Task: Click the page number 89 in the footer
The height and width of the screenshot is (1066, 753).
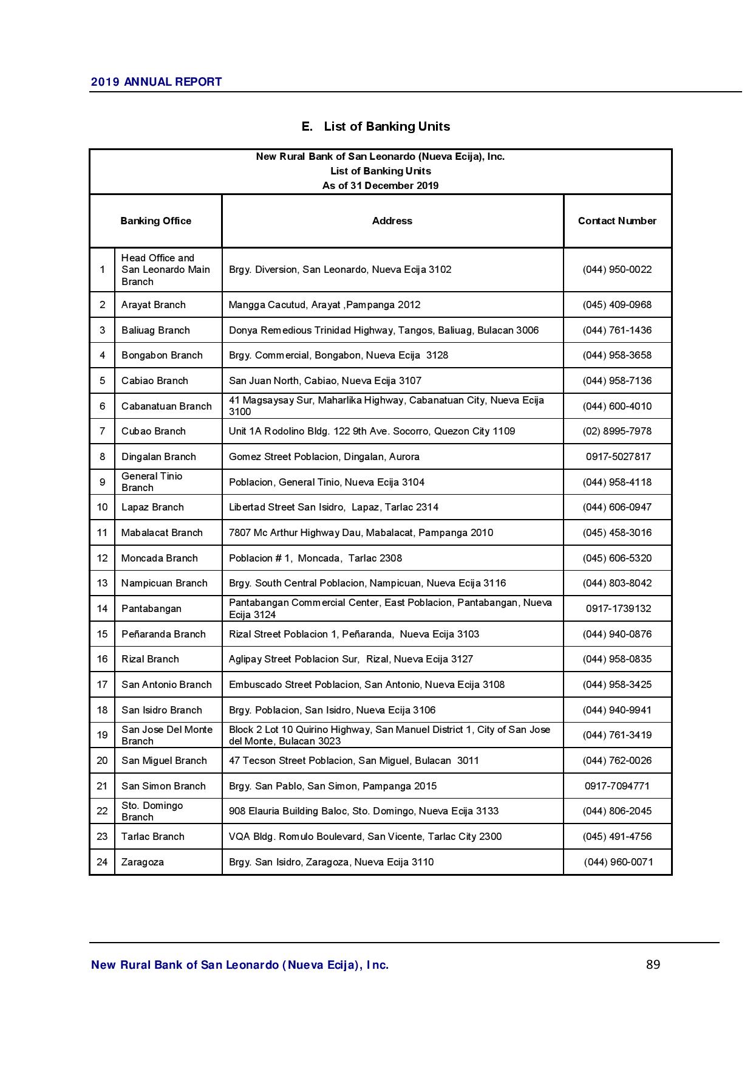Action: coord(653,965)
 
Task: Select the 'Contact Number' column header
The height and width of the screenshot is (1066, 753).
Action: coord(617,221)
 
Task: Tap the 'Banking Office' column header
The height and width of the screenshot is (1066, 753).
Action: coord(155,221)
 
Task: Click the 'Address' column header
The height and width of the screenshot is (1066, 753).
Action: coord(392,221)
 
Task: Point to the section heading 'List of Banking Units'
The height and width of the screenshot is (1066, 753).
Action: coord(376,126)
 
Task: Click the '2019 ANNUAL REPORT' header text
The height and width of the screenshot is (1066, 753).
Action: coord(156,82)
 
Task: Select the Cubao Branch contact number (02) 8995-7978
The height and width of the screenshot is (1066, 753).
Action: coord(617,432)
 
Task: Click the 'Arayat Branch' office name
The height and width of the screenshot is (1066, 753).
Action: coord(153,305)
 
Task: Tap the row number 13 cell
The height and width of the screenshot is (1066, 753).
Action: coord(102,583)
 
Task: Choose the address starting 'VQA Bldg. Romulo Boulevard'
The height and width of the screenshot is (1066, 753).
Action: coord(365,837)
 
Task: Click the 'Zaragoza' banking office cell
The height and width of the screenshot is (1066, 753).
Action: coord(143,862)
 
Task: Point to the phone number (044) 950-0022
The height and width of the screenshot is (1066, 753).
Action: coord(617,270)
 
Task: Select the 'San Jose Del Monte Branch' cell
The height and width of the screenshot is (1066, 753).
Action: coord(167,735)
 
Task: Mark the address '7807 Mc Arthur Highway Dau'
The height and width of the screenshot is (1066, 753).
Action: coord(361,533)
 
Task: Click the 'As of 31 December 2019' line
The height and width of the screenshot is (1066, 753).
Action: coord(380,186)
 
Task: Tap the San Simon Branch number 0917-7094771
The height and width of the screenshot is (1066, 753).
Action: coord(617,786)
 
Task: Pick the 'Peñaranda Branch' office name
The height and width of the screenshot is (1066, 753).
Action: coord(163,634)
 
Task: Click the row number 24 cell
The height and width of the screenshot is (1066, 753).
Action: coord(102,862)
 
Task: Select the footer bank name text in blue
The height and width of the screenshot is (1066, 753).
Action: coord(240,965)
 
